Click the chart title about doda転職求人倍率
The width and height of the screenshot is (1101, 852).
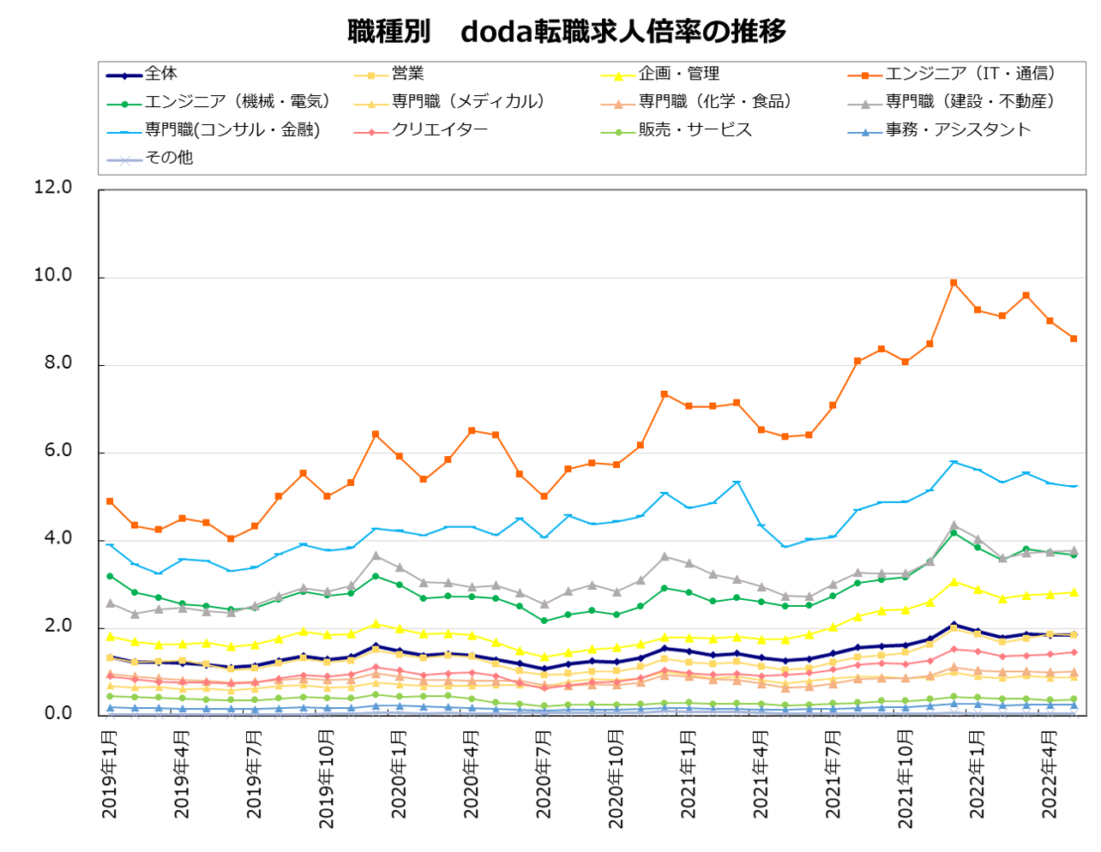tap(566, 32)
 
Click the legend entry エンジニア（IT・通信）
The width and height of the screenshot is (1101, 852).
tap(970, 74)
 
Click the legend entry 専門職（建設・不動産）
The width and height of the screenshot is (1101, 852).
tap(970, 101)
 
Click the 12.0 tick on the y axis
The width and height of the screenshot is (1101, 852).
tap(53, 187)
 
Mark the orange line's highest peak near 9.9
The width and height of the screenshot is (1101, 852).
tap(953, 282)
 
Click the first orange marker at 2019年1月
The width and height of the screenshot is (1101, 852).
tap(110, 501)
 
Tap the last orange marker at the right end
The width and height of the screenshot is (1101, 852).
tap(1074, 339)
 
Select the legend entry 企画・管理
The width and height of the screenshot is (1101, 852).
tap(678, 74)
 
